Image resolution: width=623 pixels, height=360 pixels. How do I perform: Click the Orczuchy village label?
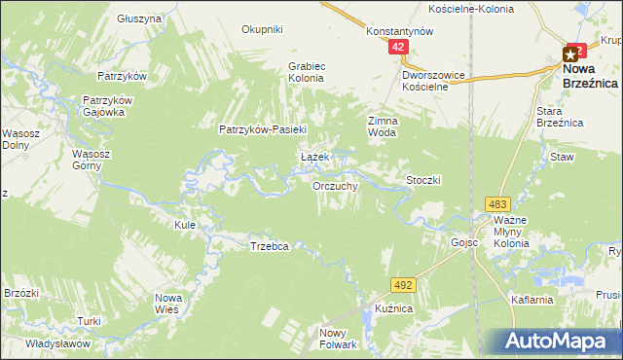tap(336, 186)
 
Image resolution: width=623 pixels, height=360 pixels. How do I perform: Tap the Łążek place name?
tap(313, 158)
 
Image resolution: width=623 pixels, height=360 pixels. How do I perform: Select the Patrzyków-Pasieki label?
tap(263, 129)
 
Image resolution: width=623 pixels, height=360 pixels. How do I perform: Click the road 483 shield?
tap(497, 203)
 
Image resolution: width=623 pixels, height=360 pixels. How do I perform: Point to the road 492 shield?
tap(403, 283)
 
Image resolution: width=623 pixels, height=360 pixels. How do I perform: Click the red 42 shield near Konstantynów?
tap(396, 48)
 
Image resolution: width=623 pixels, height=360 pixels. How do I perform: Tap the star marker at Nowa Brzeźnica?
tap(569, 54)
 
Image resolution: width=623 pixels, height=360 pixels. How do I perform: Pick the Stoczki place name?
tap(423, 180)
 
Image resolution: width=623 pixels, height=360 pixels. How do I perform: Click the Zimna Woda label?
tap(383, 126)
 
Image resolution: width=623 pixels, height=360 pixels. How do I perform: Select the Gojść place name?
tap(462, 243)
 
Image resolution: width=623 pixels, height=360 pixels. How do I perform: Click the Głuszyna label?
tap(139, 18)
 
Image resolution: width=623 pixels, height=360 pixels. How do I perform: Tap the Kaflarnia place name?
tap(531, 301)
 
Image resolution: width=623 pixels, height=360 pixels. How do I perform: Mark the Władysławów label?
tap(57, 344)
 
